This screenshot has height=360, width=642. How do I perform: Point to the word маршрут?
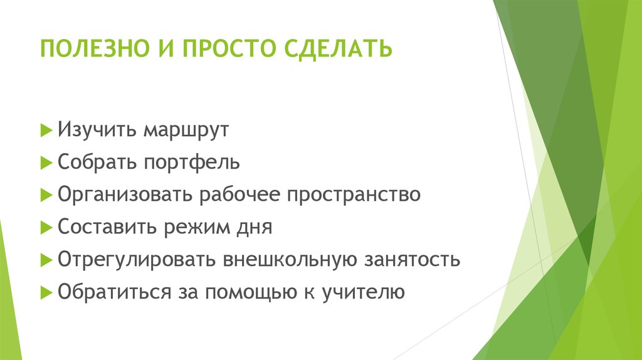click(185, 132)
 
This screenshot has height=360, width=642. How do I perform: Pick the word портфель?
click(191, 163)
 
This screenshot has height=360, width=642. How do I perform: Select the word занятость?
click(409, 260)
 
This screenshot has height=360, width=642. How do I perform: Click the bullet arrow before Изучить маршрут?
click(45, 131)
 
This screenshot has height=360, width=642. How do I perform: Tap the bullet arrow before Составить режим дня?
click(45, 228)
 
